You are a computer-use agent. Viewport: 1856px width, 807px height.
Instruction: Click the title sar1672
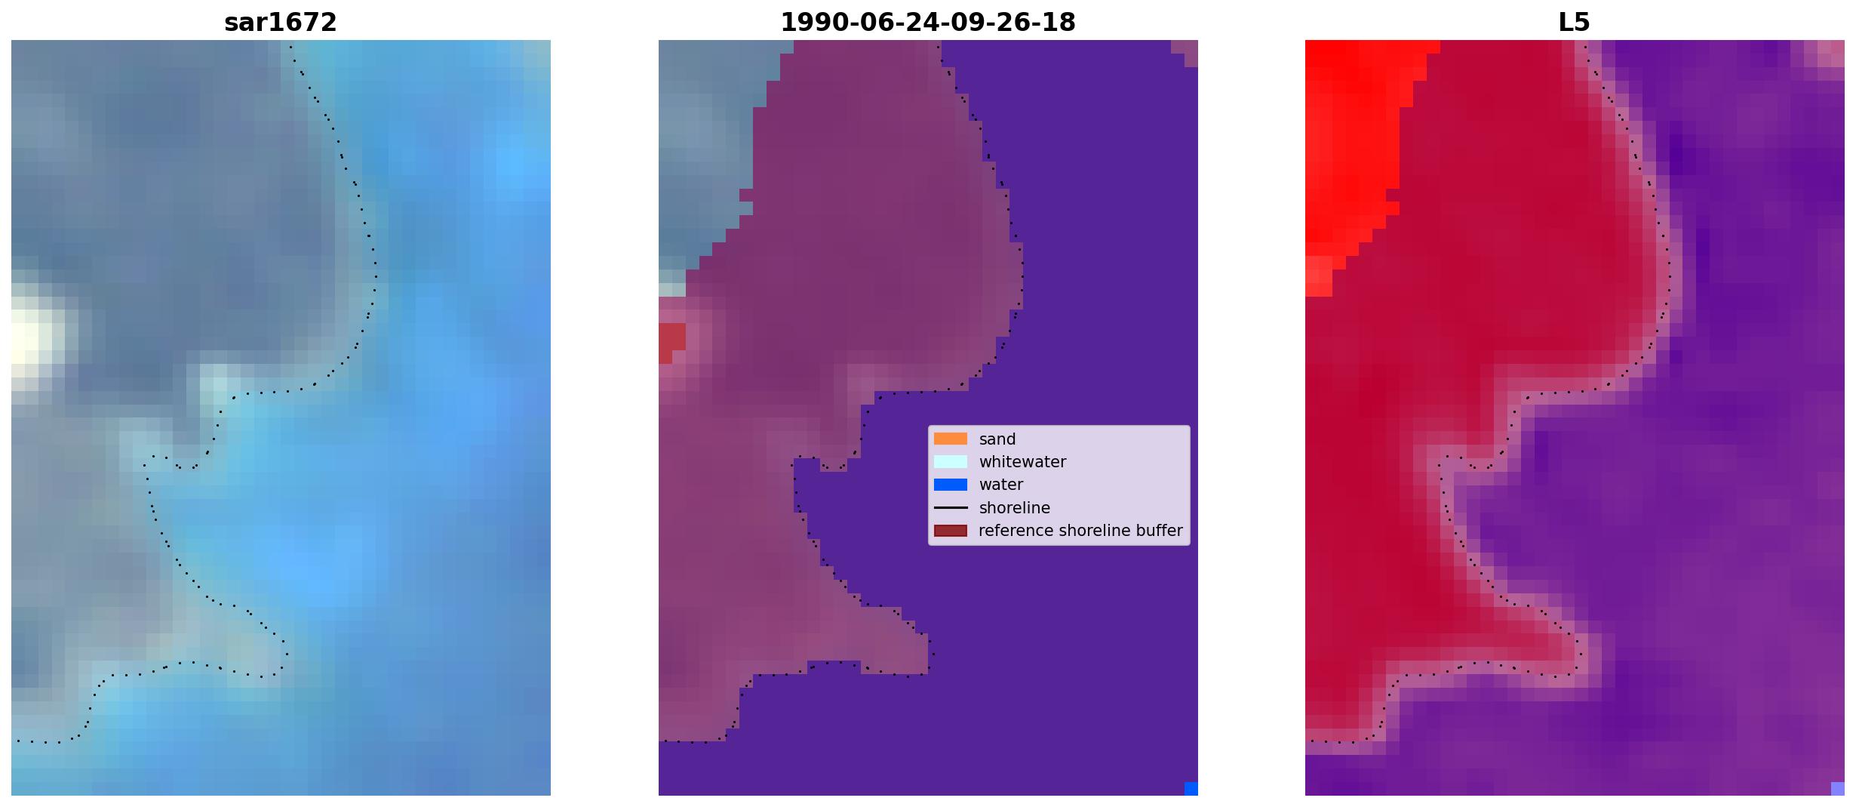[x=281, y=23]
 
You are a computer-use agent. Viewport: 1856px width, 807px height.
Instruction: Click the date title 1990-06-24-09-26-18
[x=928, y=23]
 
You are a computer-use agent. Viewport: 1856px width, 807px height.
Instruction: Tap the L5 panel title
[x=1575, y=23]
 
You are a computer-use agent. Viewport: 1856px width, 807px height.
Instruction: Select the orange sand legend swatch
[x=951, y=439]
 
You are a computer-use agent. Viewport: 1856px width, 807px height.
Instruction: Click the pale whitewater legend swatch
[x=951, y=461]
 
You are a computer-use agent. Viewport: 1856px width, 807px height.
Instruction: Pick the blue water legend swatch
[x=951, y=485]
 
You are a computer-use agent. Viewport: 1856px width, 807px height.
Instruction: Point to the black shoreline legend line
[x=951, y=508]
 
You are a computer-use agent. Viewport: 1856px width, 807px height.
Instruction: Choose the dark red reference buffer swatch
[x=951, y=531]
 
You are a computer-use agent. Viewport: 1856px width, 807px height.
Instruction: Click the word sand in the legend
[x=997, y=439]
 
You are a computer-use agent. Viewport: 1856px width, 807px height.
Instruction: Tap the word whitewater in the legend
[x=1022, y=462]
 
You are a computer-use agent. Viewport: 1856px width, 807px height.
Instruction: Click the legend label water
[x=1001, y=485]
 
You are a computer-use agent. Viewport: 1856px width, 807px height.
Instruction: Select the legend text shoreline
[x=1015, y=508]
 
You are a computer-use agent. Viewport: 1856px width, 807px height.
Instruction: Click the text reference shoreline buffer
[x=1080, y=531]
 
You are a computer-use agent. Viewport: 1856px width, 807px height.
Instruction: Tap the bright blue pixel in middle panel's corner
[x=1191, y=789]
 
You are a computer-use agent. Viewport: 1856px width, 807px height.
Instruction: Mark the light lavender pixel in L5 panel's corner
[x=1838, y=789]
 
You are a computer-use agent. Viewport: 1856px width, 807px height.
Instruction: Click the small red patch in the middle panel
[x=671, y=341]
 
